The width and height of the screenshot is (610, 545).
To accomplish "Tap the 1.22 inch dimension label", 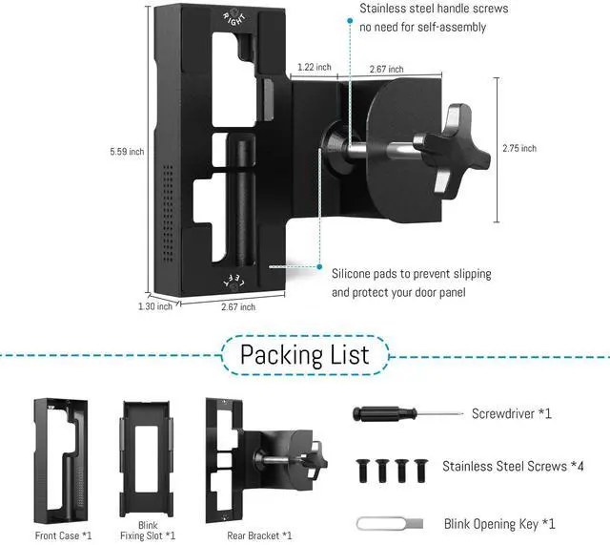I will [x=315, y=68].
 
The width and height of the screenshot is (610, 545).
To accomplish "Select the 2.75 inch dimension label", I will [x=519, y=148].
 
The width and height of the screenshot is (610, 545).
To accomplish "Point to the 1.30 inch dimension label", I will [x=154, y=306].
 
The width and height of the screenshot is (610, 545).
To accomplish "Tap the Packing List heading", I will [x=304, y=355].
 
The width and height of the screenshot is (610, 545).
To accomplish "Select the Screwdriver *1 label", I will [x=511, y=414].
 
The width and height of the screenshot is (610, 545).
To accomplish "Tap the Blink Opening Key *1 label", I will [x=499, y=523].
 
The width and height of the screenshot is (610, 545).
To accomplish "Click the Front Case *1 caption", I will [x=63, y=535].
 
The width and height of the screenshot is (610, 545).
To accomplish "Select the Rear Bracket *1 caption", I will [x=260, y=535].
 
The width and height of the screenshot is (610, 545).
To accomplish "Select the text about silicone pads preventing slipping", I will [x=412, y=283].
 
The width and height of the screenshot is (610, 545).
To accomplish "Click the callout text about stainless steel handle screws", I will [x=434, y=18].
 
